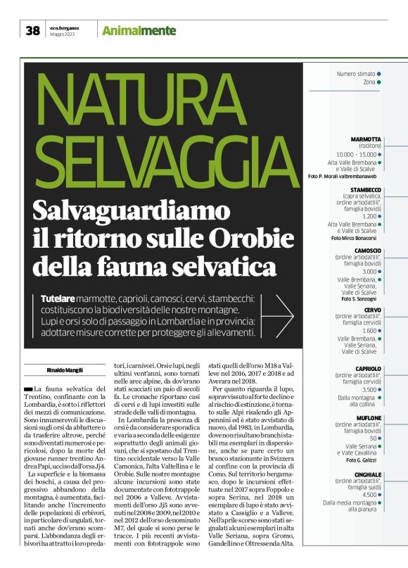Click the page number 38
coord(33,30)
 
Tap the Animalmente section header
coord(138,30)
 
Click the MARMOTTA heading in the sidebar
coord(365,139)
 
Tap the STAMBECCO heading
coord(366,190)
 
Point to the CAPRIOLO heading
coord(369,369)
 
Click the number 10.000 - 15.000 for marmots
coord(356,154)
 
